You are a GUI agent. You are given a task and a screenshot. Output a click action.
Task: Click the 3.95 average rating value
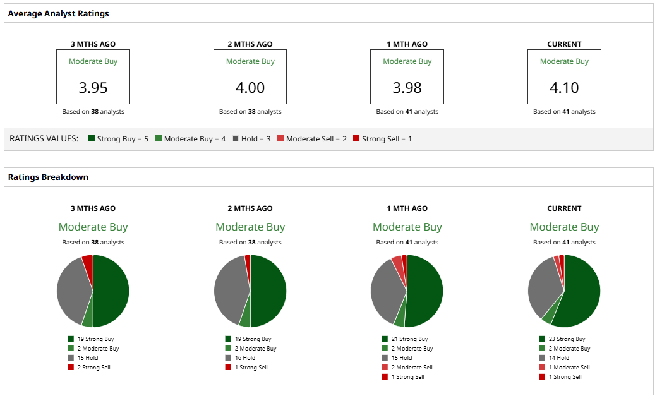point(93,88)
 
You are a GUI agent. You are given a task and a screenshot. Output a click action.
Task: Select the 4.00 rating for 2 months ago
point(250,88)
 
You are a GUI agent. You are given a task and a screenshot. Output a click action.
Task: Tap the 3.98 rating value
point(407,88)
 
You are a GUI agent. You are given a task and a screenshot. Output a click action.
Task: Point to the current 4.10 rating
point(564,88)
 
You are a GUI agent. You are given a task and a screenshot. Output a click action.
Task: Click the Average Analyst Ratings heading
point(58,13)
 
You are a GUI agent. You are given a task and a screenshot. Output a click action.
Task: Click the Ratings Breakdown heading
point(48,177)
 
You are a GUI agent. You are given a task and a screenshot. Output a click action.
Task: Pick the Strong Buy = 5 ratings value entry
point(119,139)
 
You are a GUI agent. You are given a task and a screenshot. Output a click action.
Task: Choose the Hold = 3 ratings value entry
point(251,139)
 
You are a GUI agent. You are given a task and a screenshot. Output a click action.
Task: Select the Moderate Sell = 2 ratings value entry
point(312,139)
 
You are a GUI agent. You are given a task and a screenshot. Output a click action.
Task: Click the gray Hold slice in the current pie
point(543,287)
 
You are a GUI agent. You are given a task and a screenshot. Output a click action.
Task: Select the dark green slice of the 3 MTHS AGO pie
point(111,291)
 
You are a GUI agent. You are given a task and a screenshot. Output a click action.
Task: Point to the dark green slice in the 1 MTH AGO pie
point(425,291)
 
